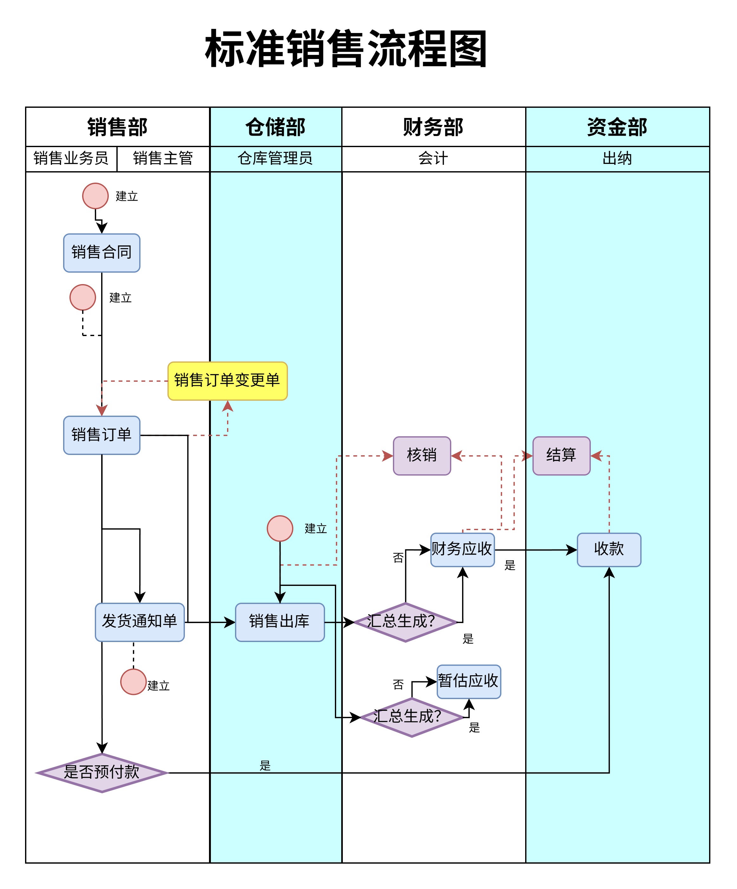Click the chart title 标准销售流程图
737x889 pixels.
click(346, 49)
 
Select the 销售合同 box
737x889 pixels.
click(101, 253)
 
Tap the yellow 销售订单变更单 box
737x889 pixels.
click(227, 380)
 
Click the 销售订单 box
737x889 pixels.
click(101, 435)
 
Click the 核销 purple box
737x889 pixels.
click(422, 456)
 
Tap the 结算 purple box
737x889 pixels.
click(561, 456)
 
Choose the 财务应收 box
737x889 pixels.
click(462, 549)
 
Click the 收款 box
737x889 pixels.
click(609, 549)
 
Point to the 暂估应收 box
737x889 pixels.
click(469, 681)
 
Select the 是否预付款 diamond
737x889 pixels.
click(101, 773)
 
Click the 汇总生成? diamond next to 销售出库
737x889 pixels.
click(405, 622)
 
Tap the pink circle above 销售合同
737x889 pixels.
click(95, 196)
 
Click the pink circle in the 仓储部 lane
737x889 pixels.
click(280, 528)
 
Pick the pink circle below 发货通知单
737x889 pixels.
click(133, 682)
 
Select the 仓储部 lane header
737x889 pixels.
click(276, 127)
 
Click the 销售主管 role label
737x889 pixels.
click(163, 158)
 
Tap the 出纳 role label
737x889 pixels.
click(617, 158)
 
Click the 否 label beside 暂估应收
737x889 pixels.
click(398, 685)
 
